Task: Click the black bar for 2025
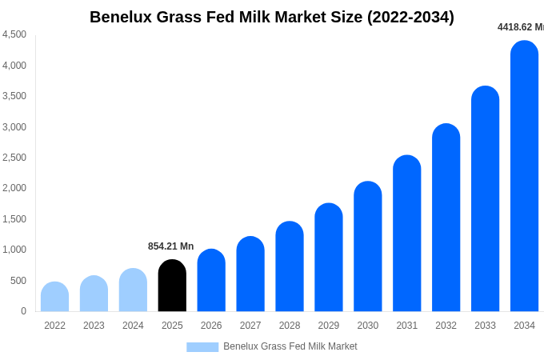pyautogui.click(x=172, y=286)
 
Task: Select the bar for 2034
pyautogui.click(x=524, y=176)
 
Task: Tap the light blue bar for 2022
pyautogui.click(x=54, y=297)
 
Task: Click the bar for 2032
pyautogui.click(x=446, y=218)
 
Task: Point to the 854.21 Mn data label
pyautogui.click(x=170, y=246)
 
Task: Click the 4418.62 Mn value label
pyautogui.click(x=520, y=27)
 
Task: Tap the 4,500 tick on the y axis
pyautogui.click(x=14, y=34)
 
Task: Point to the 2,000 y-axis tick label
pyautogui.click(x=14, y=188)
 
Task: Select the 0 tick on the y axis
pyautogui.click(x=23, y=311)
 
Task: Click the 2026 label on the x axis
pyautogui.click(x=211, y=326)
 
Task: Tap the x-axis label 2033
pyautogui.click(x=485, y=326)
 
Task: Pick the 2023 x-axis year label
pyautogui.click(x=94, y=326)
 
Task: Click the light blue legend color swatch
pyautogui.click(x=202, y=347)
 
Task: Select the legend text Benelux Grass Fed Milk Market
pyautogui.click(x=290, y=346)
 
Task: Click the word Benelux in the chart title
pyautogui.click(x=121, y=17)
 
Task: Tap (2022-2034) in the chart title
pyautogui.click(x=410, y=17)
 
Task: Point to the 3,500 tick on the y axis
pyautogui.click(x=14, y=96)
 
